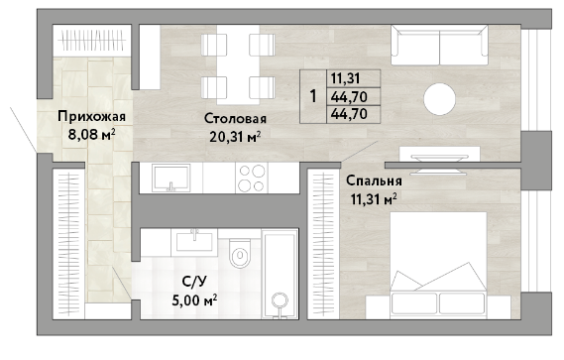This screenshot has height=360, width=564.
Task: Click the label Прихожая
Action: [x=92, y=117]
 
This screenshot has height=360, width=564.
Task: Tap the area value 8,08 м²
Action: [x=92, y=135]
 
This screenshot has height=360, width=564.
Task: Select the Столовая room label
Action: [x=235, y=119]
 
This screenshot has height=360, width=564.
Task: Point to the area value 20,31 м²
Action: [x=235, y=137]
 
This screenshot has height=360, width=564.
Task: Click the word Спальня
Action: [x=374, y=180]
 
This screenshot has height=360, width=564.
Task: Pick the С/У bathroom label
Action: [x=194, y=282]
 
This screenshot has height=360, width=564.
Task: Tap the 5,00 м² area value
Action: [x=194, y=300]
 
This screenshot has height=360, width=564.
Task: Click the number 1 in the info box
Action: [x=313, y=96]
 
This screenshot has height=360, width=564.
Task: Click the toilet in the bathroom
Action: [x=240, y=253]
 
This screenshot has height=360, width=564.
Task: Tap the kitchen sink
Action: [x=170, y=178]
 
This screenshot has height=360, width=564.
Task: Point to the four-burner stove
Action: [x=252, y=178]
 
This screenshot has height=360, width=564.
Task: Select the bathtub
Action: [x=280, y=275]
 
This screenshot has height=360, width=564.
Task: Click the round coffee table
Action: [x=439, y=99]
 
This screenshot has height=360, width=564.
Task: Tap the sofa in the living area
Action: [x=439, y=45]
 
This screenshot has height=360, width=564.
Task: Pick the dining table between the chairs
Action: [x=238, y=64]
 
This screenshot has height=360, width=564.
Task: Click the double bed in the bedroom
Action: [x=438, y=266]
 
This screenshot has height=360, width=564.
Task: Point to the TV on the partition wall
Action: [x=439, y=165]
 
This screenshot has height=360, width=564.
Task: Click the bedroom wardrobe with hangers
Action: [x=323, y=244]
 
